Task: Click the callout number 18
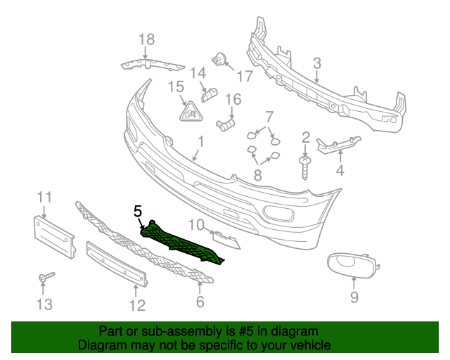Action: [x=146, y=39]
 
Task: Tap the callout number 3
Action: [x=317, y=63]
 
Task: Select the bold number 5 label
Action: [x=138, y=210]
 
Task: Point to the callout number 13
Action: [x=44, y=304]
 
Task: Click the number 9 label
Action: [x=354, y=297]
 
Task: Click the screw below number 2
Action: [x=305, y=168]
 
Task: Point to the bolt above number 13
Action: [x=45, y=278]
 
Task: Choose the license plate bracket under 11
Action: [x=54, y=236]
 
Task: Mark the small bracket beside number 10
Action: [x=226, y=239]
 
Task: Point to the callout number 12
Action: [x=137, y=304]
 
